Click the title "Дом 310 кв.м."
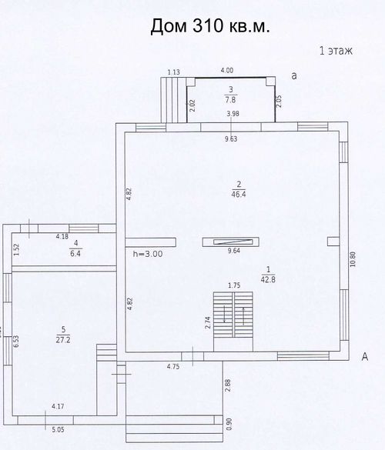[210, 26]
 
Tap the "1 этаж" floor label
[336, 51]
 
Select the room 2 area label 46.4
[239, 195]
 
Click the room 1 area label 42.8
[268, 279]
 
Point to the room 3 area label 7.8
[230, 99]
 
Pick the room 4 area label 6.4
[75, 253]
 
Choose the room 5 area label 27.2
[63, 340]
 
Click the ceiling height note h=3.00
[148, 254]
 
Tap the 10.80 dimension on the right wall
[353, 259]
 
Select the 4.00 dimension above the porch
[226, 70]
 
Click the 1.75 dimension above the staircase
[234, 285]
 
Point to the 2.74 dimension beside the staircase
[209, 322]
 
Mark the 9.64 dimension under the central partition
[234, 251]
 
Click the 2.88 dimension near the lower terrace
[228, 385]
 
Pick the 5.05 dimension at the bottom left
[58, 430]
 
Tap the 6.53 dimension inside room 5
[16, 342]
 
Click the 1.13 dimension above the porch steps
[174, 72]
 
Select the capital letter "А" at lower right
[365, 357]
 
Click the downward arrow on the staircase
[224, 314]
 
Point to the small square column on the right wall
[333, 242]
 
